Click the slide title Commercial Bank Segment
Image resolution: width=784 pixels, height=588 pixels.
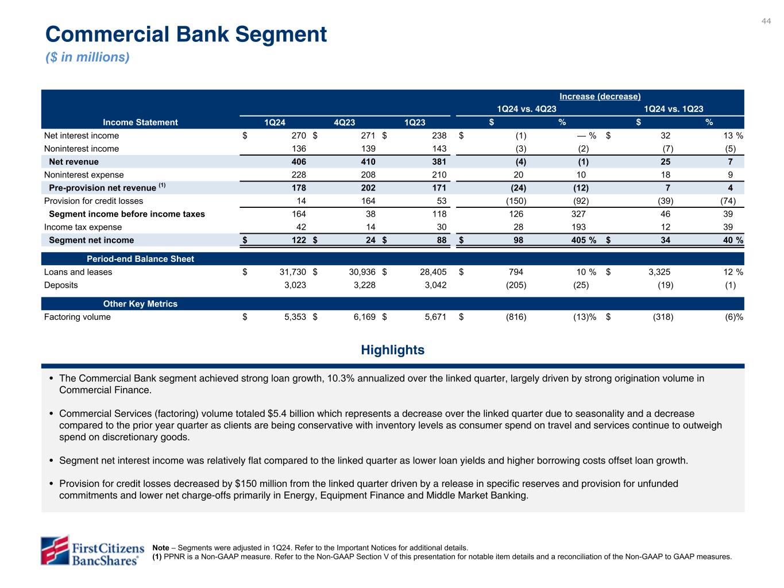(186, 34)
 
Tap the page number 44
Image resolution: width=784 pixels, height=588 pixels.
(766, 21)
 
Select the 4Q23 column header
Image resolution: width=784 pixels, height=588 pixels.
(345, 122)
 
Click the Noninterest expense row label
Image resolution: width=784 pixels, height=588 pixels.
(84, 175)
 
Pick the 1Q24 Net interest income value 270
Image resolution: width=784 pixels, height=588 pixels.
(299, 136)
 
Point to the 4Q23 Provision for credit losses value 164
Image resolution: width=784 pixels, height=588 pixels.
(368, 201)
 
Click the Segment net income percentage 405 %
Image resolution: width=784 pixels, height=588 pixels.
(582, 240)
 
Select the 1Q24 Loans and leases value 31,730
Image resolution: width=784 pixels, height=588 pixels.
(291, 272)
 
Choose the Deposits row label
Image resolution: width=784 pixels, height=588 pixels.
(61, 285)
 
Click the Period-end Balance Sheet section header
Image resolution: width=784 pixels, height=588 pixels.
(140, 259)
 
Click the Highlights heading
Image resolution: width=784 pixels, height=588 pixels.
(393, 350)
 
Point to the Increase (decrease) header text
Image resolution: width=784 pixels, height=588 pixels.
(600, 96)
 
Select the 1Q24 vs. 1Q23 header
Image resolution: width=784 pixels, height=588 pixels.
(673, 109)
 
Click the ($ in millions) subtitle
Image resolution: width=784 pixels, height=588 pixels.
(87, 57)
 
